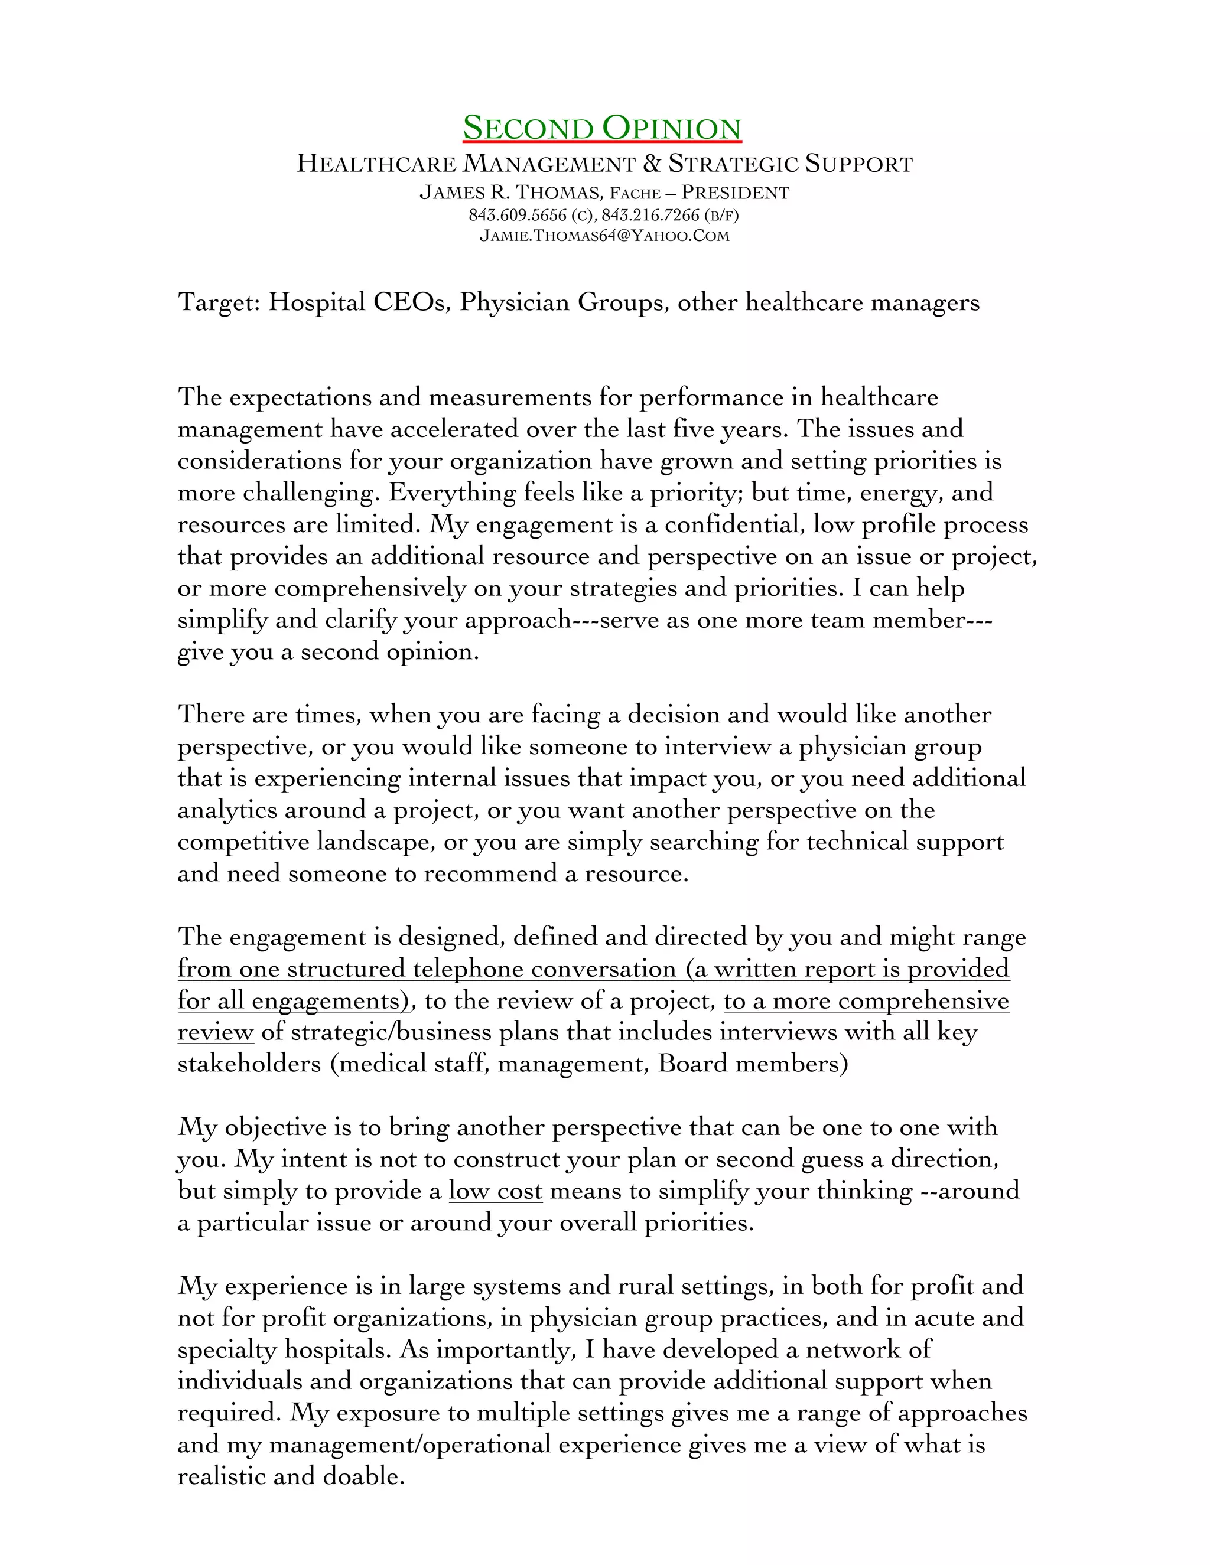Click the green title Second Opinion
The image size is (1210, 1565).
point(601,128)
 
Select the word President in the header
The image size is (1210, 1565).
point(735,193)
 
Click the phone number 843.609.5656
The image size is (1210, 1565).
point(517,215)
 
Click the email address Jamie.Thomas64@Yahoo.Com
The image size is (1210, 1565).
point(604,236)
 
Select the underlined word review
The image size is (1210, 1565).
point(215,1032)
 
